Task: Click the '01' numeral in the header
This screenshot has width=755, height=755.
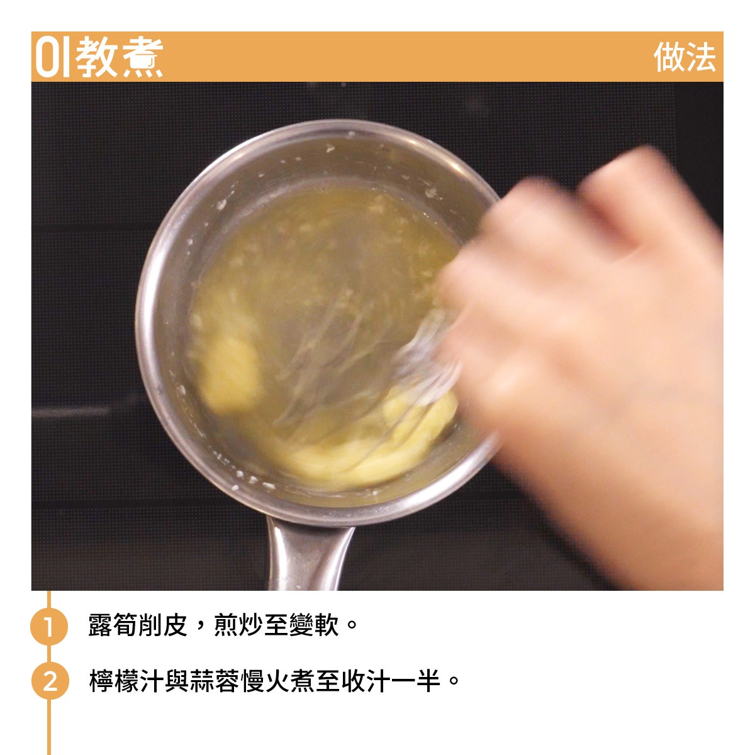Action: pos(52,57)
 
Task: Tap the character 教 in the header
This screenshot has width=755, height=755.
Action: pos(96,57)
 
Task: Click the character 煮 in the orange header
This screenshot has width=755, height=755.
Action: pos(142,57)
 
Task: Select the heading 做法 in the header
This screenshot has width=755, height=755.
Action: pos(685,57)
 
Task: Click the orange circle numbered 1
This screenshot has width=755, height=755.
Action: pos(49,625)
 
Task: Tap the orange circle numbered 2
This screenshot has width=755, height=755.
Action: pos(50,681)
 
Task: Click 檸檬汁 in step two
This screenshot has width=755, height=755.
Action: pos(126,681)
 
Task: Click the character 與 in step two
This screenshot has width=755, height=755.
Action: pos(176,681)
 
